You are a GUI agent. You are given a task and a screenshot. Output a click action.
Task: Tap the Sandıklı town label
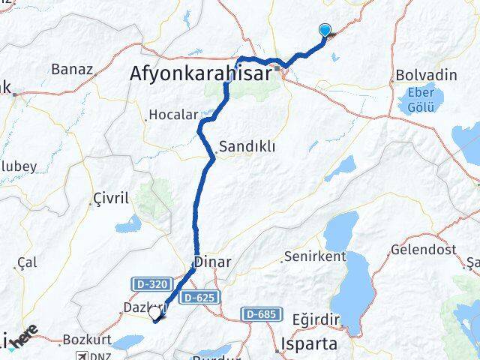[x=248, y=147]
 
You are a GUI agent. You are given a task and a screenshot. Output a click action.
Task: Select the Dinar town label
[x=212, y=262]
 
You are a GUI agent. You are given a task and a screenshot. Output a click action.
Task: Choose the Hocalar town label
[x=173, y=115]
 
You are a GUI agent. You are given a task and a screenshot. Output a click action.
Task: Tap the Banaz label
[x=72, y=70]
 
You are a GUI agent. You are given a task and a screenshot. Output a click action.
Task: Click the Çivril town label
[x=110, y=198]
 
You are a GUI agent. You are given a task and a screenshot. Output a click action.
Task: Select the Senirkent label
[x=314, y=256]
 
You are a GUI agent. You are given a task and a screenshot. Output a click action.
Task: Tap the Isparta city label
[x=307, y=343]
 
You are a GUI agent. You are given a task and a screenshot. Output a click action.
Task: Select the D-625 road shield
[x=199, y=298]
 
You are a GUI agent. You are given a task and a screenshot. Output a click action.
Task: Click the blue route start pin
[x=325, y=31]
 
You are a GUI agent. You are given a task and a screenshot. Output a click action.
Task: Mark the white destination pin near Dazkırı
[x=156, y=314]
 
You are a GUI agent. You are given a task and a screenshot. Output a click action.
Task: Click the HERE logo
[x=24, y=337]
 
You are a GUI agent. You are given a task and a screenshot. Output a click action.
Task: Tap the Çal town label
[x=27, y=262]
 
